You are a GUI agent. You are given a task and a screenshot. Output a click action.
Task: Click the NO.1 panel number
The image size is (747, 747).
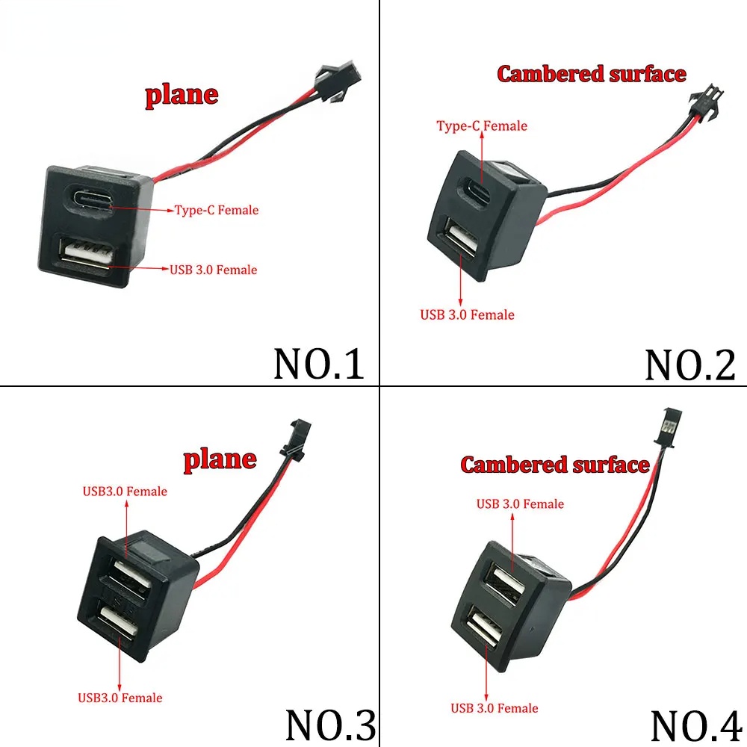tap(319, 362)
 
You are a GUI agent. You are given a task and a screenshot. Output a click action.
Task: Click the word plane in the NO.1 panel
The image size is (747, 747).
tap(182, 95)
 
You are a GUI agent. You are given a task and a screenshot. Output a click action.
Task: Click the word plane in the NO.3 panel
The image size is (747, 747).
tap(220, 459)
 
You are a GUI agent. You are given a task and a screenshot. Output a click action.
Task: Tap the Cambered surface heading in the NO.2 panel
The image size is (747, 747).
tap(591, 74)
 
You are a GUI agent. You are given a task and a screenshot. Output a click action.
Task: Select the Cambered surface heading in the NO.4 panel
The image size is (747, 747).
tap(554, 465)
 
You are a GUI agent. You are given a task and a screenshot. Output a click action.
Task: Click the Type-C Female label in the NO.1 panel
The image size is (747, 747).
tap(217, 210)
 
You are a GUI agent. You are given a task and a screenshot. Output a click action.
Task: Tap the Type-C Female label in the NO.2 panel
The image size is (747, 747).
tap(482, 125)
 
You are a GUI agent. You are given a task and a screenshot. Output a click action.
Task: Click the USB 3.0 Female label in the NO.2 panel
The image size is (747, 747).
tap(467, 314)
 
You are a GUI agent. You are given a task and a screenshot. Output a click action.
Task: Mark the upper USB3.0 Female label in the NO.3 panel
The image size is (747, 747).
tap(125, 491)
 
